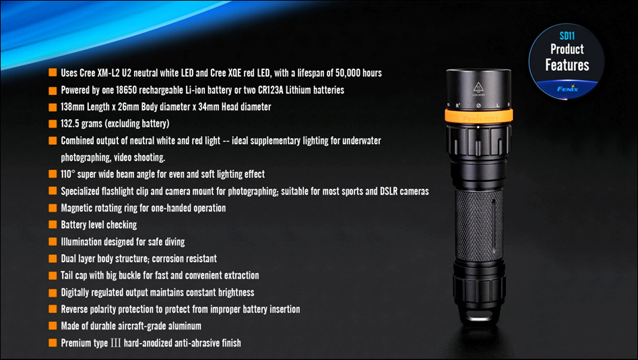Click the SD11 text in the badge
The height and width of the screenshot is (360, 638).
[x=567, y=36]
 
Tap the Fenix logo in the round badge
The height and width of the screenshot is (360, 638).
[x=567, y=88]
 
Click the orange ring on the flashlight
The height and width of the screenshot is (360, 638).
[x=478, y=116]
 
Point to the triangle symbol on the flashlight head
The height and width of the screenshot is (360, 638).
[x=478, y=88]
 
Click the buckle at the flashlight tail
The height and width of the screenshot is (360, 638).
[x=478, y=316]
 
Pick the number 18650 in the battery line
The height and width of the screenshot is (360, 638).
[x=126, y=90]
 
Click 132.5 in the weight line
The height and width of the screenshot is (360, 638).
[x=69, y=123]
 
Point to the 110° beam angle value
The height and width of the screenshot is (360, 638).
[x=67, y=174]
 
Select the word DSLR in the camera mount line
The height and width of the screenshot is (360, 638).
[x=389, y=191]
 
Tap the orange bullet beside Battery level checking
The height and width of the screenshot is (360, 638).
[x=53, y=224]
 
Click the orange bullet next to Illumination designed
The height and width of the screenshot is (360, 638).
[x=53, y=241]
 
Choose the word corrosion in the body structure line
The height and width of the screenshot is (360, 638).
[x=167, y=259]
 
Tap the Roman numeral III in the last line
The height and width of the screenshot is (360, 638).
[x=116, y=343]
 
